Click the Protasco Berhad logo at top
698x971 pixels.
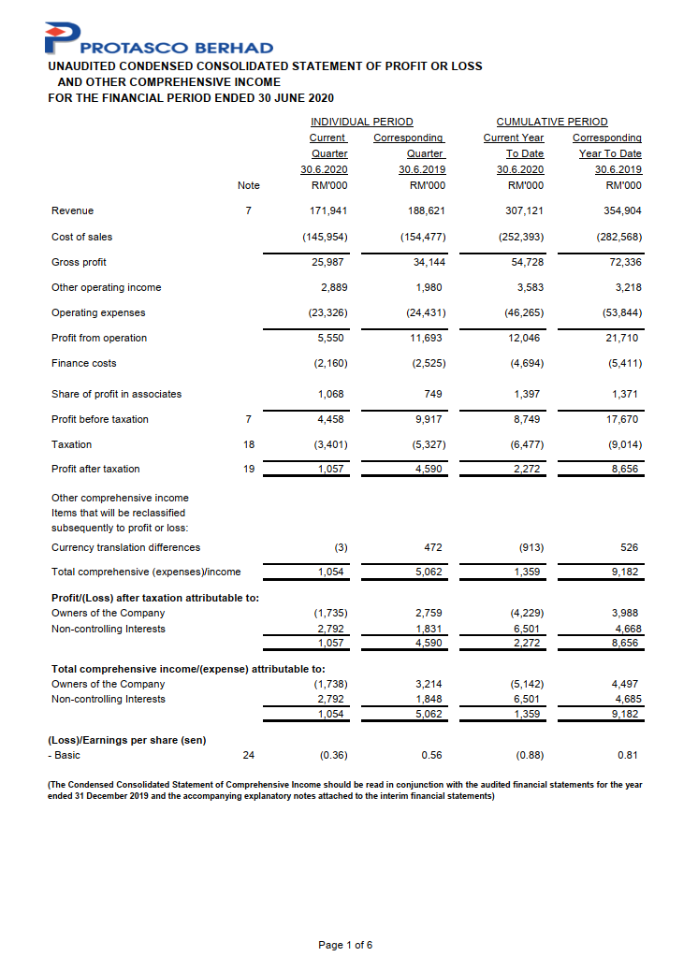(159, 39)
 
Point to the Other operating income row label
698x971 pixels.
(106, 287)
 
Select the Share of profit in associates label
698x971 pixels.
(116, 394)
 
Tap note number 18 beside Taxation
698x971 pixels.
(248, 444)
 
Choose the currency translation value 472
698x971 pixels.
(433, 547)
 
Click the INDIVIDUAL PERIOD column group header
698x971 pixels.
(361, 122)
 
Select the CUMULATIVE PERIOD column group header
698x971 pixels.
(551, 122)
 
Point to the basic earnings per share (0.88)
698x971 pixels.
(529, 754)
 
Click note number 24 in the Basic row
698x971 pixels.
(248, 754)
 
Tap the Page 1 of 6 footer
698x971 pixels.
(345, 945)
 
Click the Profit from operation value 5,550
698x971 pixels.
(333, 338)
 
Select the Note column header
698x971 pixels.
(248, 185)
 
